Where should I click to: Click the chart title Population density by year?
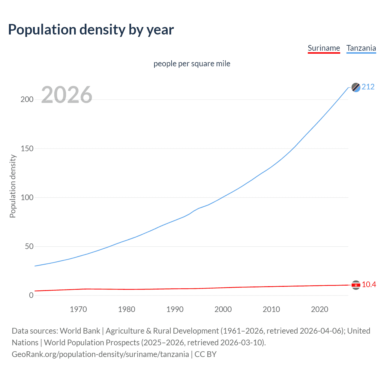click(x=91, y=30)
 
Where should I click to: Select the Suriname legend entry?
click(x=324, y=48)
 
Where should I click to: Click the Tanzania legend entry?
click(x=361, y=48)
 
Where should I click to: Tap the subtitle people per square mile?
click(x=192, y=64)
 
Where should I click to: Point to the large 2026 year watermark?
click(x=67, y=95)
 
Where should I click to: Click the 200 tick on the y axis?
click(x=27, y=100)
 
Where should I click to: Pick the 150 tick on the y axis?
click(x=27, y=148)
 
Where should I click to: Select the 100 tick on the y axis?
click(x=27, y=197)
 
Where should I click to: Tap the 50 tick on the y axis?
click(x=29, y=246)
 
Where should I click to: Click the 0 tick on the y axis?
click(x=31, y=295)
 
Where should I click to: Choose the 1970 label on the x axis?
click(x=78, y=309)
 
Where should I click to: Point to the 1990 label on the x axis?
click(x=175, y=309)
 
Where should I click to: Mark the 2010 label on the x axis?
click(x=271, y=309)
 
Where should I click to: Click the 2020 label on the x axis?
click(x=319, y=309)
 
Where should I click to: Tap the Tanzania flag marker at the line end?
click(x=356, y=87)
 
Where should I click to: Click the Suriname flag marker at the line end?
click(x=356, y=285)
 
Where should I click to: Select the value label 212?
click(x=368, y=87)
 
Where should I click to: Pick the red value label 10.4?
click(x=369, y=285)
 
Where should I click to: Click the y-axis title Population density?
click(x=13, y=186)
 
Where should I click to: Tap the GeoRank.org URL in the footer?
click(x=100, y=354)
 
